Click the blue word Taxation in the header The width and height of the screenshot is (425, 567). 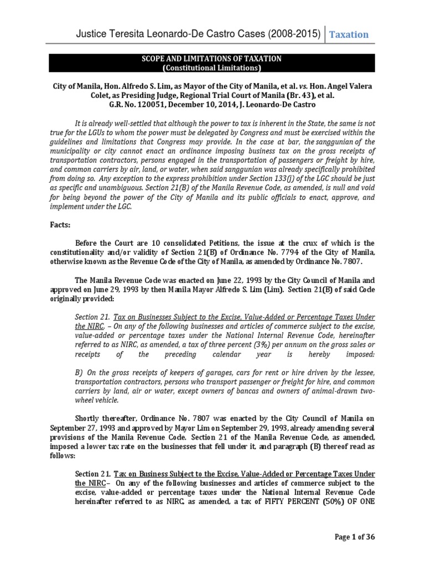(x=349, y=34)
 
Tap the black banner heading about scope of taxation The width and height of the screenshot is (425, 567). (x=212, y=59)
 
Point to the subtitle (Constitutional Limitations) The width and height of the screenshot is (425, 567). (x=212, y=68)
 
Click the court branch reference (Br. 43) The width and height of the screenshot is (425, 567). (x=299, y=95)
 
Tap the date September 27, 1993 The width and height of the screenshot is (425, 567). (x=85, y=429)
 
